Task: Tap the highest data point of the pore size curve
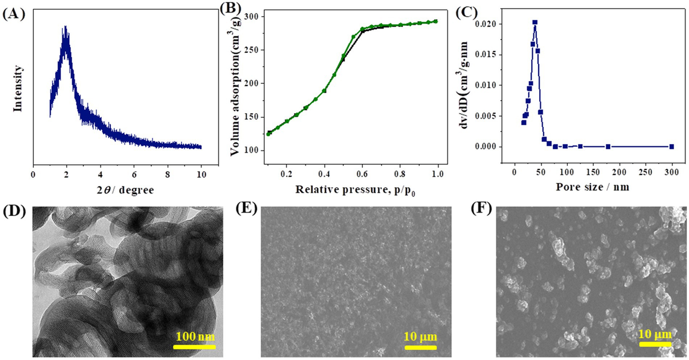pyautogui.click(x=535, y=22)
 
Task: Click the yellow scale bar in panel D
pyautogui.click(x=194, y=346)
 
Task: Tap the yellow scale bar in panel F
pyautogui.click(x=656, y=344)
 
